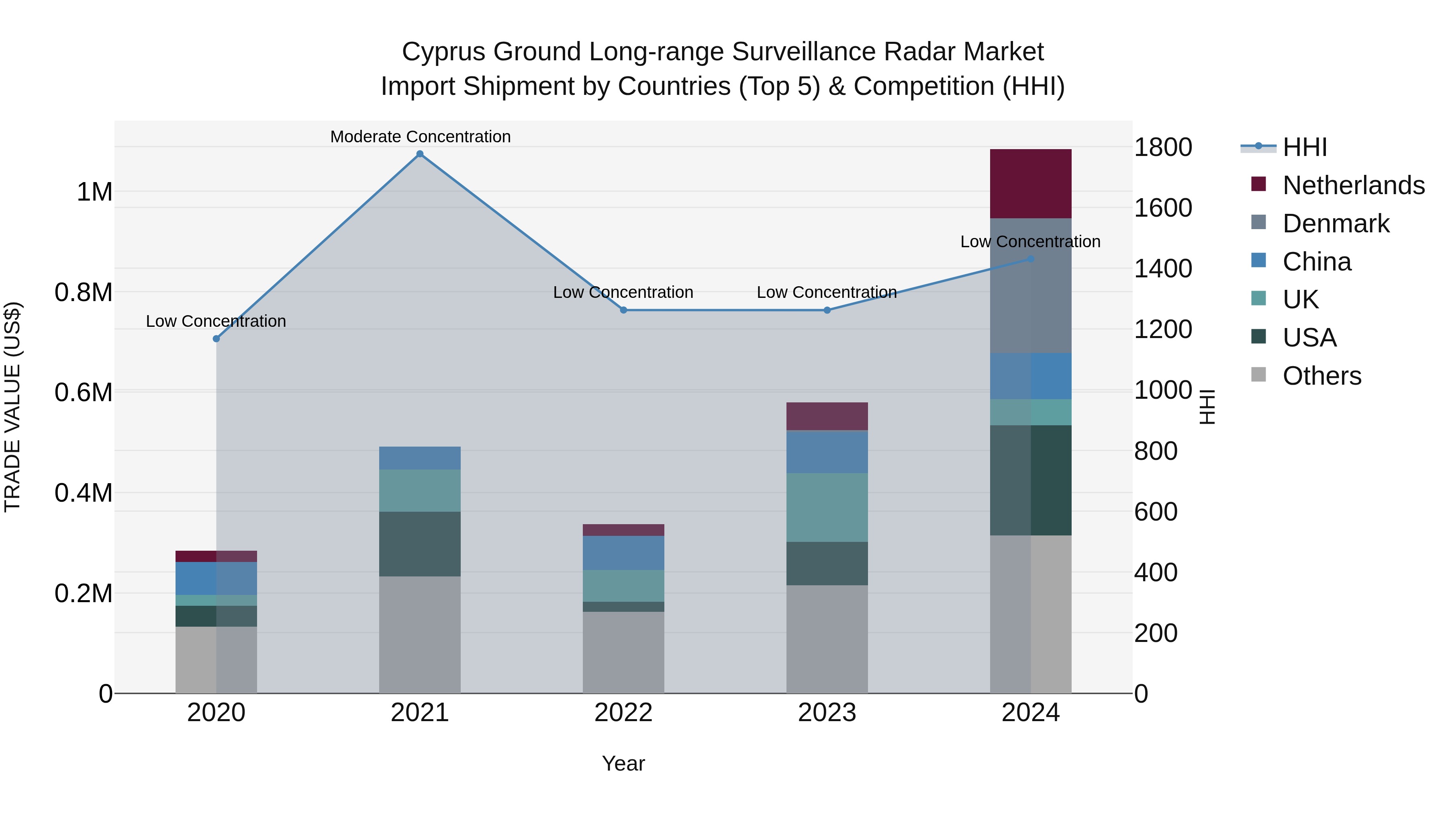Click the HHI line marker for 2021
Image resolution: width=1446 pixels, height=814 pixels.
(x=419, y=154)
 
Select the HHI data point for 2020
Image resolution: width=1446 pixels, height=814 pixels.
(x=216, y=339)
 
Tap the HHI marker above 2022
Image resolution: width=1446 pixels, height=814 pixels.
(x=623, y=310)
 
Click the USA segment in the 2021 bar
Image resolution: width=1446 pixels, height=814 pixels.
(x=419, y=544)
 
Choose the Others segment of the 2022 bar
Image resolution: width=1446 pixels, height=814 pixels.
(x=623, y=652)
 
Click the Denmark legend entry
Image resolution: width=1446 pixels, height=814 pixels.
(x=1336, y=223)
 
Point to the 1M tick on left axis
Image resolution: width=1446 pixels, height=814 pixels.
(x=94, y=192)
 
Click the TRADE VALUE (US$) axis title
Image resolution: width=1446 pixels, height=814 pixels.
(x=12, y=407)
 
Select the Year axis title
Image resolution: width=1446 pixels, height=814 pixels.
(x=623, y=763)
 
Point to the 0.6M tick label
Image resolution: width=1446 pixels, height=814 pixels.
(x=84, y=392)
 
